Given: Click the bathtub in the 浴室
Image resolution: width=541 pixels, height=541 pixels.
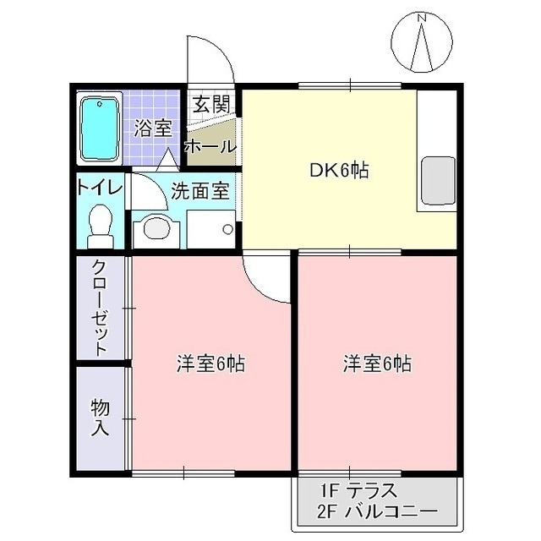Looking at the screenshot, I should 101,128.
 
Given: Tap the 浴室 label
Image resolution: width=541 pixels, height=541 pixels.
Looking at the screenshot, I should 153,128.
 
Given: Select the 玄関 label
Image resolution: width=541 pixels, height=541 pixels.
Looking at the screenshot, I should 210,105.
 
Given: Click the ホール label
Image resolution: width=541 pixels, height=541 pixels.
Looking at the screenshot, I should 210,145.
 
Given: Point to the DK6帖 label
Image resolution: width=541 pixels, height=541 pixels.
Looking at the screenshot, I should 337,170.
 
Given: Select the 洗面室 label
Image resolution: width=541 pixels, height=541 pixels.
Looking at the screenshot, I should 199,191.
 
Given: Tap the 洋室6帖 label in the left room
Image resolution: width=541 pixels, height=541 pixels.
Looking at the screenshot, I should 211,364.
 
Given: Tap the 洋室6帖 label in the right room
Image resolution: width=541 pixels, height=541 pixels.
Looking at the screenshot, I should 377,364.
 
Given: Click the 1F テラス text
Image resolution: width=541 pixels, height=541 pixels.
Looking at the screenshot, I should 359,491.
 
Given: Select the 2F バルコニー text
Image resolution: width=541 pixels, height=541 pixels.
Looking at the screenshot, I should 378,512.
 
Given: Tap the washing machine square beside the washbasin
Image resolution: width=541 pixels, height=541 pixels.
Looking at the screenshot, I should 211,228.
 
